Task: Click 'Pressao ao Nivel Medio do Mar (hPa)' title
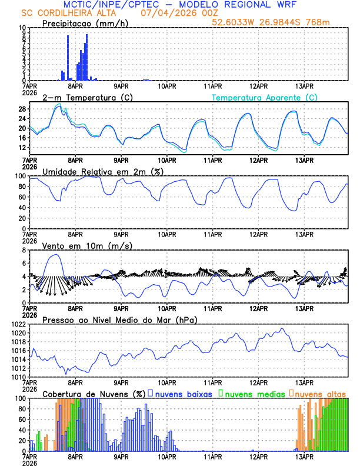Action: pos(119,319)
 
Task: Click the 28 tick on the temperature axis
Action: pos(22,109)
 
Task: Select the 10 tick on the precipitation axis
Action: pos(22,28)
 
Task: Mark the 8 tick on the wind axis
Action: pos(24,250)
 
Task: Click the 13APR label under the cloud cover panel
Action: pos(304,455)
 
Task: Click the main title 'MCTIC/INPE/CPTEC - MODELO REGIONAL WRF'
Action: pos(179,4)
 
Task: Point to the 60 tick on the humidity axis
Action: pos(22,197)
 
